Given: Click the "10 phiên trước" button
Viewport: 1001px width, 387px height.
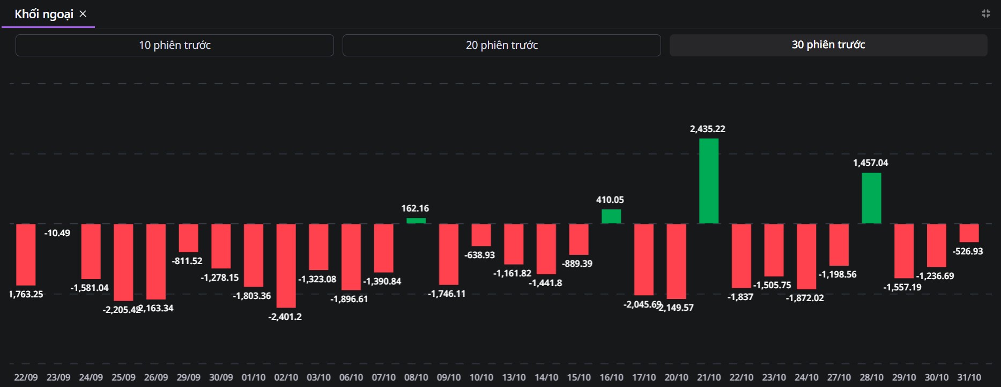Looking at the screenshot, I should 175,45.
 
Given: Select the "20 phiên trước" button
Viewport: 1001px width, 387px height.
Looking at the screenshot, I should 501,45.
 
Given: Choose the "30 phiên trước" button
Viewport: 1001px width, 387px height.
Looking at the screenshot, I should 828,45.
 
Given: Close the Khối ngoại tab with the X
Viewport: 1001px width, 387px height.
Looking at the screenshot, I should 83,14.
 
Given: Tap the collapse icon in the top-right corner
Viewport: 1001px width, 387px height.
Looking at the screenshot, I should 985,13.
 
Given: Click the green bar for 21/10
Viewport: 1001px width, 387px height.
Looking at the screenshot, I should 709,181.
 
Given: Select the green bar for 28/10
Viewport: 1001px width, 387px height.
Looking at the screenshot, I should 871,198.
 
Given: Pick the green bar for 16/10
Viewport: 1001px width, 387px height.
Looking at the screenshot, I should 611,216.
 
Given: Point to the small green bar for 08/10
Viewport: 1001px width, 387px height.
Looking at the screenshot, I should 416,221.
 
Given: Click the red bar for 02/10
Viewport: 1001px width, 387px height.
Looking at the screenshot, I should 286,265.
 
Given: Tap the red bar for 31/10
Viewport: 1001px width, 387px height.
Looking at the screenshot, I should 969,233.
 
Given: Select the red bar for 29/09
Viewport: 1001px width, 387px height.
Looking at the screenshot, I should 188,238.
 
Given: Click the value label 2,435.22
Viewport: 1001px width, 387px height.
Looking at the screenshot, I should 707,129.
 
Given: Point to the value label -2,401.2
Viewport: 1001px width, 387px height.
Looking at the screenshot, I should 285,317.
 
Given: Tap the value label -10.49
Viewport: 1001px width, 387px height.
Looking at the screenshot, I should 57,233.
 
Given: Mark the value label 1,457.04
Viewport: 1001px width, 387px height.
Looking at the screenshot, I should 870,163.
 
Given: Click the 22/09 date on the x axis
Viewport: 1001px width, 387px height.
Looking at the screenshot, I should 26,377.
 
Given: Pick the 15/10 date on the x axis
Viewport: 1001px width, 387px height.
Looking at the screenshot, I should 579,377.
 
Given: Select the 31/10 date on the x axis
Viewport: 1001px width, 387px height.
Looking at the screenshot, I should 969,377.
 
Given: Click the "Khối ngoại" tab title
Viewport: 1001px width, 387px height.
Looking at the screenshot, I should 44,14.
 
